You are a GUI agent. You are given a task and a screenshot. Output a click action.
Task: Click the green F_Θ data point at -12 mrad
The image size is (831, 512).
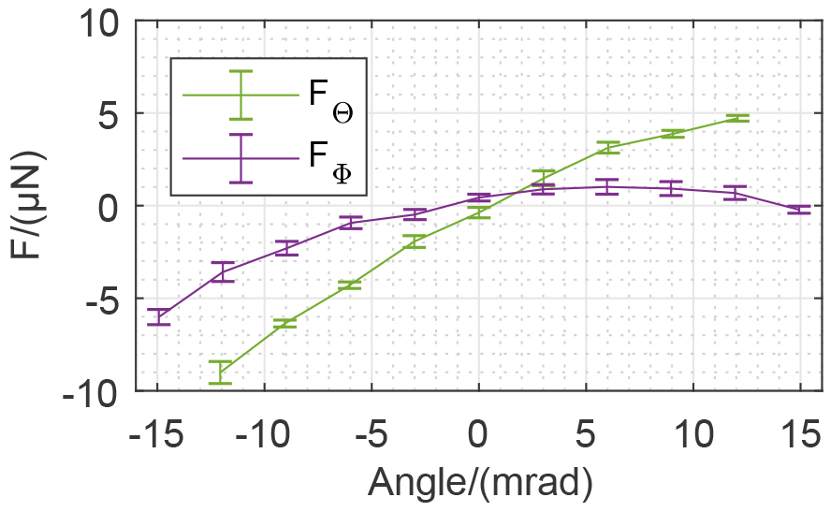point(221,372)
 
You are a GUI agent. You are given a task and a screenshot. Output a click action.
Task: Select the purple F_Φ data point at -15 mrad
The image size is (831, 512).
point(158,316)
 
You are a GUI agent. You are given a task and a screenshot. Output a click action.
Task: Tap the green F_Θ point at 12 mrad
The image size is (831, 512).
point(736,118)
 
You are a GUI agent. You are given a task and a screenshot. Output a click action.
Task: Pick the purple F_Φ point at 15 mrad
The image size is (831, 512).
point(798,210)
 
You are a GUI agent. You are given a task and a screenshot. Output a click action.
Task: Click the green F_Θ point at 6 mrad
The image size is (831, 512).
point(608,147)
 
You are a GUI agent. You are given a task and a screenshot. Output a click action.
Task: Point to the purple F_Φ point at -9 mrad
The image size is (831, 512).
point(285,247)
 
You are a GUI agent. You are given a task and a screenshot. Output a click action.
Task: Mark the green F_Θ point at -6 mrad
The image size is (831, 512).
point(350,285)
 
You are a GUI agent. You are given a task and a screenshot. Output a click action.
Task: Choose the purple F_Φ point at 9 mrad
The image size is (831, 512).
point(672,188)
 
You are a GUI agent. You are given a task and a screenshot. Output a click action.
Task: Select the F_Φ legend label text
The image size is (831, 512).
point(329,160)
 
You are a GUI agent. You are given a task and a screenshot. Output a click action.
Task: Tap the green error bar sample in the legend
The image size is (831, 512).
point(241,95)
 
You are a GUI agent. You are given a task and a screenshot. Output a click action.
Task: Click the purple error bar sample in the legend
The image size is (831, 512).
point(241,157)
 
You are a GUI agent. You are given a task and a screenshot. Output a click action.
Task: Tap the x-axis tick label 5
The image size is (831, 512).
point(587,436)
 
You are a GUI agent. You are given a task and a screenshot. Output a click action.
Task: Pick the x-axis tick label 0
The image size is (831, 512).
point(478,436)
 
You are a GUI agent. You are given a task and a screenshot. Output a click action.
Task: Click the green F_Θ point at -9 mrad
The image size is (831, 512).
point(285,322)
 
